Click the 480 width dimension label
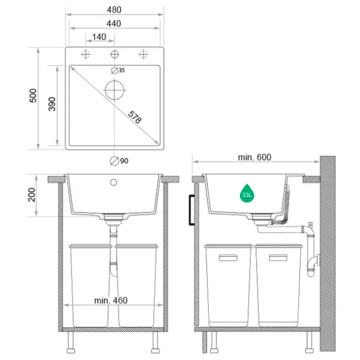[114, 10]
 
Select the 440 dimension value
[113, 23]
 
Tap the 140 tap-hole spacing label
[99, 37]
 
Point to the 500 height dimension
[33, 95]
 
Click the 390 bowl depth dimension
[52, 104]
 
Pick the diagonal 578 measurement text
[134, 117]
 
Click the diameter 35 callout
[118, 70]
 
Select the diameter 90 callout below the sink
[119, 161]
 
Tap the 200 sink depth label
[32, 195]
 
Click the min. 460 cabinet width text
[111, 301]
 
